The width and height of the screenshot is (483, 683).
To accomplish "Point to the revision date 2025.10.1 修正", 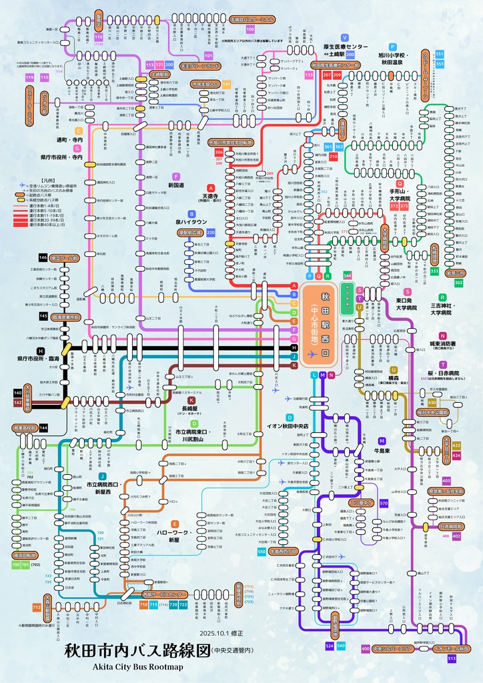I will pos(222,633).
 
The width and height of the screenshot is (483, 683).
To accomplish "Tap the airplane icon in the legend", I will pos(23,185).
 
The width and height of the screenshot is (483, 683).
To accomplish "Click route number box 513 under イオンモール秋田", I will pos(452,658).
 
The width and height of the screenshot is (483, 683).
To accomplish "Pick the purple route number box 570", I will pos(384,503).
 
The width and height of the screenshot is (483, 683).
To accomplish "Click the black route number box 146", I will pos(43,257).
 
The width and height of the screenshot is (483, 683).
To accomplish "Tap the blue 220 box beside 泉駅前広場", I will pos(211,232).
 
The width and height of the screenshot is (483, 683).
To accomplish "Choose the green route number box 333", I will pos(434,271).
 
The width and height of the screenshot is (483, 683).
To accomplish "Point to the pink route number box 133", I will pos(309,75).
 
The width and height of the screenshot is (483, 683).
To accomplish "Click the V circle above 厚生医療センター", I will pos(345,37).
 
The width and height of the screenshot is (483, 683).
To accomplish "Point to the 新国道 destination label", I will pos(175,185).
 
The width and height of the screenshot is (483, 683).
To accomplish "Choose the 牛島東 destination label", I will pos(382,450).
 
